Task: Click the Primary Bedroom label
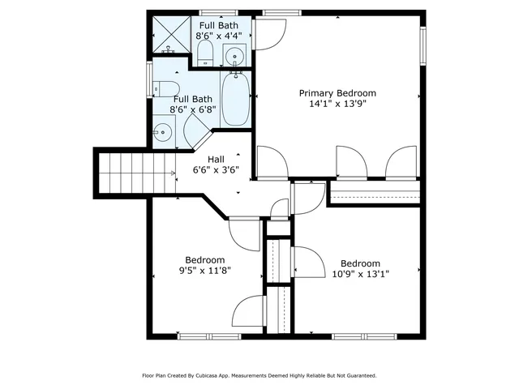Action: pos(337,93)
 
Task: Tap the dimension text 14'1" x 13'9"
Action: pos(337,105)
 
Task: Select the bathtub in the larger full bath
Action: pos(236,100)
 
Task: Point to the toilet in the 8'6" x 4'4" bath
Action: pos(204,53)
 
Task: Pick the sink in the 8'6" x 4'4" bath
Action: pos(234,56)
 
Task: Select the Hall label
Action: pos(216,159)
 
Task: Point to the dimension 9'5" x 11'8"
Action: pos(204,271)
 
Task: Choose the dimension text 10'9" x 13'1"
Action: pos(360,274)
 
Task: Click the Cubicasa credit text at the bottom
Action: pos(259,376)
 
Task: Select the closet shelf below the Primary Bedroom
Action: pos(375,194)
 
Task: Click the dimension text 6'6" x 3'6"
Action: pos(216,170)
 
